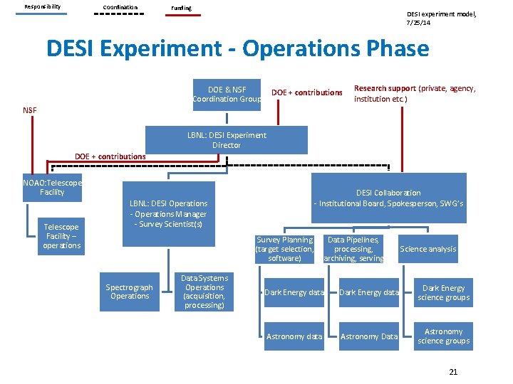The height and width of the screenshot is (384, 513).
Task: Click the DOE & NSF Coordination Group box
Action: pos(227,94)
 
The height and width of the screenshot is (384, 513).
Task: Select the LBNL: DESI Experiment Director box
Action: pos(227,140)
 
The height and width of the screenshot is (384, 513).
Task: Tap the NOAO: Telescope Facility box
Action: pos(52,187)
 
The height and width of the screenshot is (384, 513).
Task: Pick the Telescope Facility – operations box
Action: pos(61,236)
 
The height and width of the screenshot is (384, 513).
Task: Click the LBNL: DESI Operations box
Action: pos(168,213)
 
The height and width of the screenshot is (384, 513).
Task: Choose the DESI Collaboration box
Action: pos(388,198)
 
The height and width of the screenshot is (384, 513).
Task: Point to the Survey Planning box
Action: pos(284,249)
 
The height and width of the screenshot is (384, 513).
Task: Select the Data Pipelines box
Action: pos(353,249)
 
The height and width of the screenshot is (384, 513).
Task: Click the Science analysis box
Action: pos(427,249)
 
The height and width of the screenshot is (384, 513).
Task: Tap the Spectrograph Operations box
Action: pos(130,292)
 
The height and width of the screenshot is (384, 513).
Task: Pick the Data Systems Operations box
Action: pos(204,292)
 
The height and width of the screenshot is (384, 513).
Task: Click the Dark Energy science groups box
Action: pos(443,292)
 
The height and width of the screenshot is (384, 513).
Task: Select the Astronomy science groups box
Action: pos(443,336)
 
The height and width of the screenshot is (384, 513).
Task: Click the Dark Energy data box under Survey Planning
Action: pos(294,292)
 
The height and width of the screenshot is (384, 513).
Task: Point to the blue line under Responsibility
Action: pos(42,14)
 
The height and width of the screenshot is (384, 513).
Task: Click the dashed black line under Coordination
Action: pos(120,14)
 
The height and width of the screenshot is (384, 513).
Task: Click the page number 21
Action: pos(453,372)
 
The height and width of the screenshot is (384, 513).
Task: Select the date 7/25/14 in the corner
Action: pos(418,23)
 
